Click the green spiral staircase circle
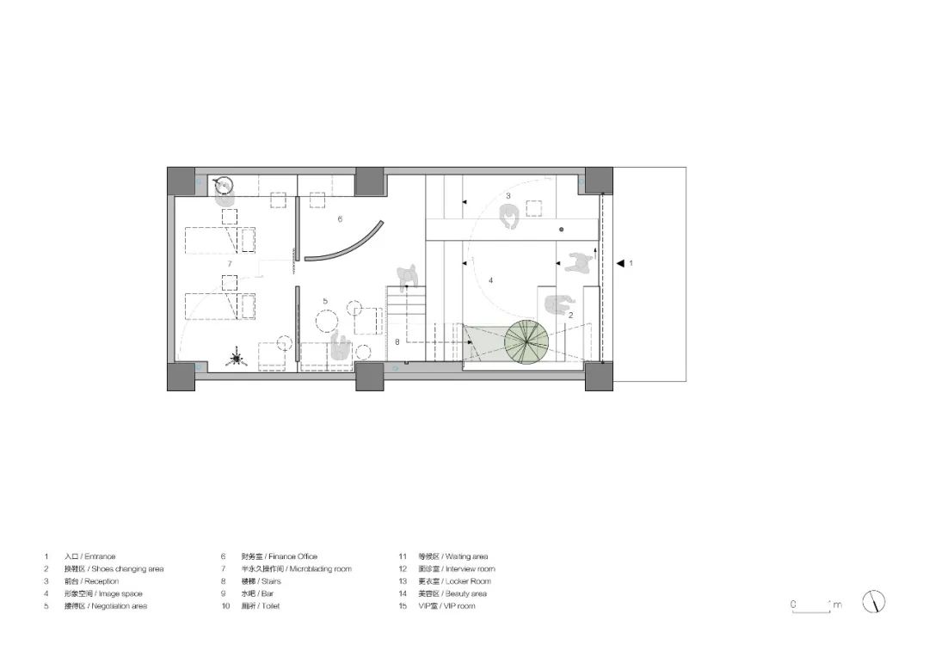[x=527, y=341]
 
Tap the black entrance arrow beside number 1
[x=621, y=263]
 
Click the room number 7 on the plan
[x=230, y=263]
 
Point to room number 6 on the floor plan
[x=340, y=219]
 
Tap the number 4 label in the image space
[x=491, y=280]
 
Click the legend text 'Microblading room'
[x=296, y=569]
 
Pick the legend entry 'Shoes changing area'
[x=113, y=569]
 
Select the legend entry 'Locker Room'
[x=455, y=581]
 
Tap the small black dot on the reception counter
[x=561, y=230]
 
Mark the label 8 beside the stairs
[x=397, y=342]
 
